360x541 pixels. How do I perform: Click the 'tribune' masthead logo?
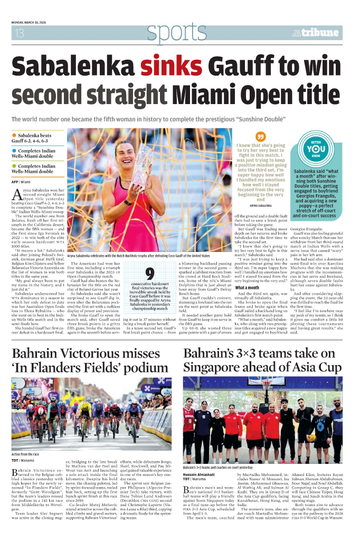click(x=319, y=33)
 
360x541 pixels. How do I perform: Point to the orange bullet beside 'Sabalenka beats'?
click(x=14, y=136)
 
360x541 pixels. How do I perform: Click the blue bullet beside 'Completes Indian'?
click(x=14, y=151)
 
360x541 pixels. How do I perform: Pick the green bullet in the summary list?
click(x=14, y=166)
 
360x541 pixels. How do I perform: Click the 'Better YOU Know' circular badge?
click(x=315, y=150)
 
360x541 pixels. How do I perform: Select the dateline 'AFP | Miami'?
click(x=21, y=182)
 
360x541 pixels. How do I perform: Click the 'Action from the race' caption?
click(x=25, y=454)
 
